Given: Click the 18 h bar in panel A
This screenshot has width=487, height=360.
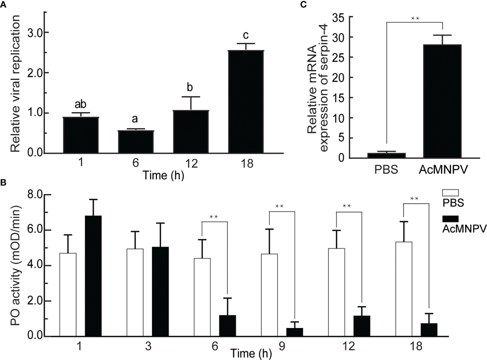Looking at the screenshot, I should pos(246,102).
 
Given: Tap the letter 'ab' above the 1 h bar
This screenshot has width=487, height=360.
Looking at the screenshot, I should pos(81,104).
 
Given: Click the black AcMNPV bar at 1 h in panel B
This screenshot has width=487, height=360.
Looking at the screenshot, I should pos(93,276).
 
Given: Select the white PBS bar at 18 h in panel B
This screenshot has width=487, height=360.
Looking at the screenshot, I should pos(404,289).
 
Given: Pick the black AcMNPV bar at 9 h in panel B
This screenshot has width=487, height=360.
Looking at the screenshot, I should pos(295,332).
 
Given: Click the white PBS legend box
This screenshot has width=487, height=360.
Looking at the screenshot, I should pos(450,193).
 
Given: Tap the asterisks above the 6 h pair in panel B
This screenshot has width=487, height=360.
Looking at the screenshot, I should pos(214,217).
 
